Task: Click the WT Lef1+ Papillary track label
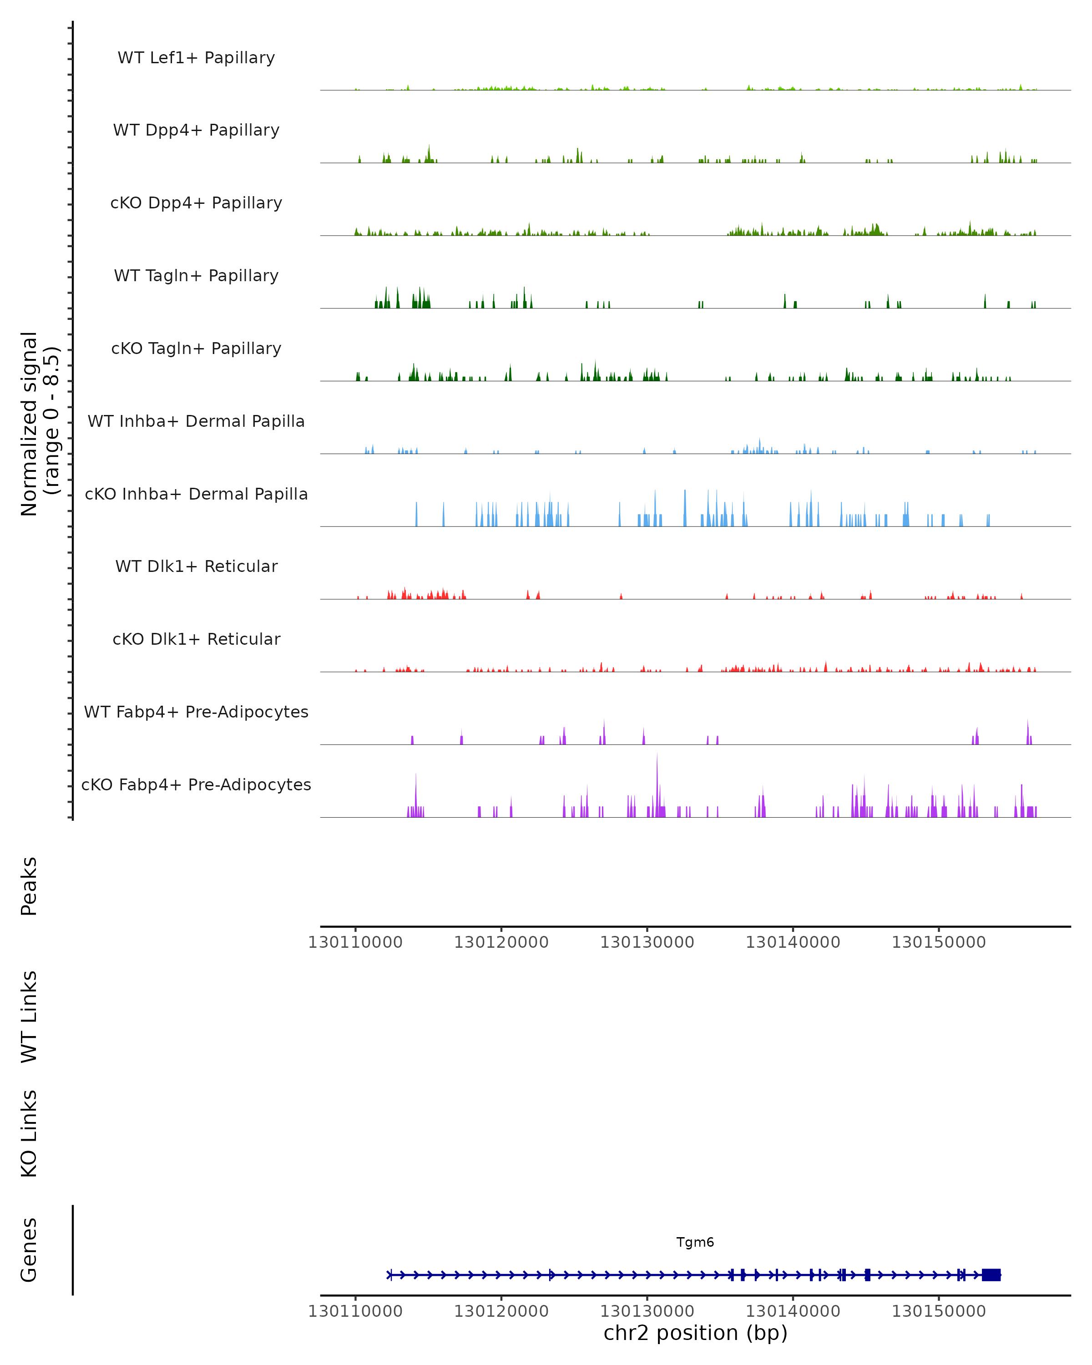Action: pyautogui.click(x=196, y=58)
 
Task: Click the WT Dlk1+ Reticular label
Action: pyautogui.click(x=196, y=566)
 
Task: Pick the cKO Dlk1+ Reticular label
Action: pyautogui.click(x=196, y=639)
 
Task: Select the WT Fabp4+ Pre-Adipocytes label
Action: pyautogui.click(x=196, y=712)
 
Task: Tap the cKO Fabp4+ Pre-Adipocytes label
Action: pyautogui.click(x=196, y=784)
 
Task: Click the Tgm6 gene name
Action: pyautogui.click(x=695, y=1242)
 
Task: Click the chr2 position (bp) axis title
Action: pyautogui.click(x=695, y=1333)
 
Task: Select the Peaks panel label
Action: pyautogui.click(x=29, y=886)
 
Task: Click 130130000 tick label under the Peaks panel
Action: pyautogui.click(x=647, y=942)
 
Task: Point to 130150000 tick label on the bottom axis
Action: pyautogui.click(x=939, y=1311)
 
